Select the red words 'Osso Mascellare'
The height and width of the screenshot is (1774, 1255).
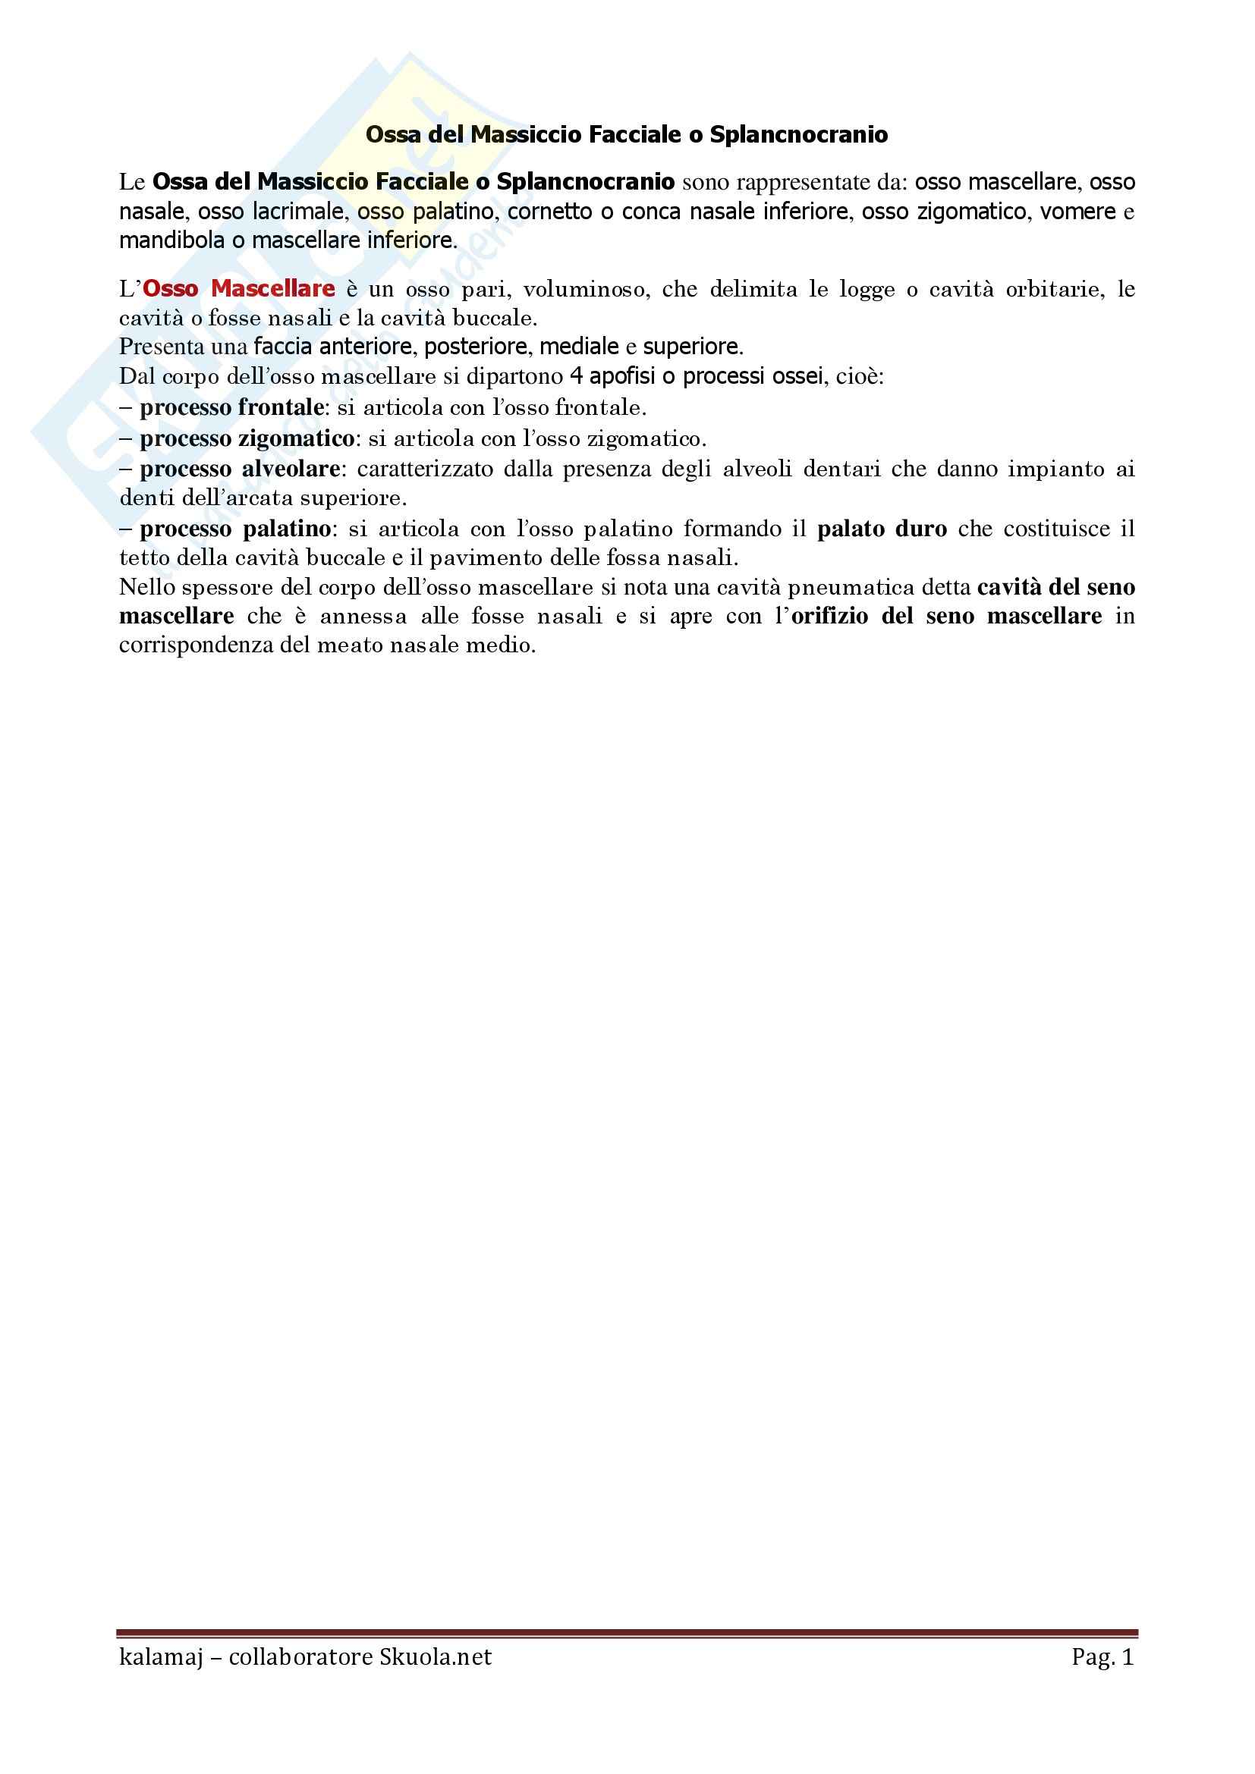[x=239, y=289]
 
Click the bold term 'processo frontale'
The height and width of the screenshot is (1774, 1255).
[x=232, y=407]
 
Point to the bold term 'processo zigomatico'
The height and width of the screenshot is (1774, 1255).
[x=247, y=439]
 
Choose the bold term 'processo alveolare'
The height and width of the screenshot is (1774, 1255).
[x=240, y=469]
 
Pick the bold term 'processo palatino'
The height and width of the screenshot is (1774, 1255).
[x=236, y=529]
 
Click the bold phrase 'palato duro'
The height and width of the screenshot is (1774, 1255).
[x=882, y=529]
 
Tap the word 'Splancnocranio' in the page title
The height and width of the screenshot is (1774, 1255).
[x=798, y=135]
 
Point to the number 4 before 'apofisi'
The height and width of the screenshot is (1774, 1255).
[x=576, y=377]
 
